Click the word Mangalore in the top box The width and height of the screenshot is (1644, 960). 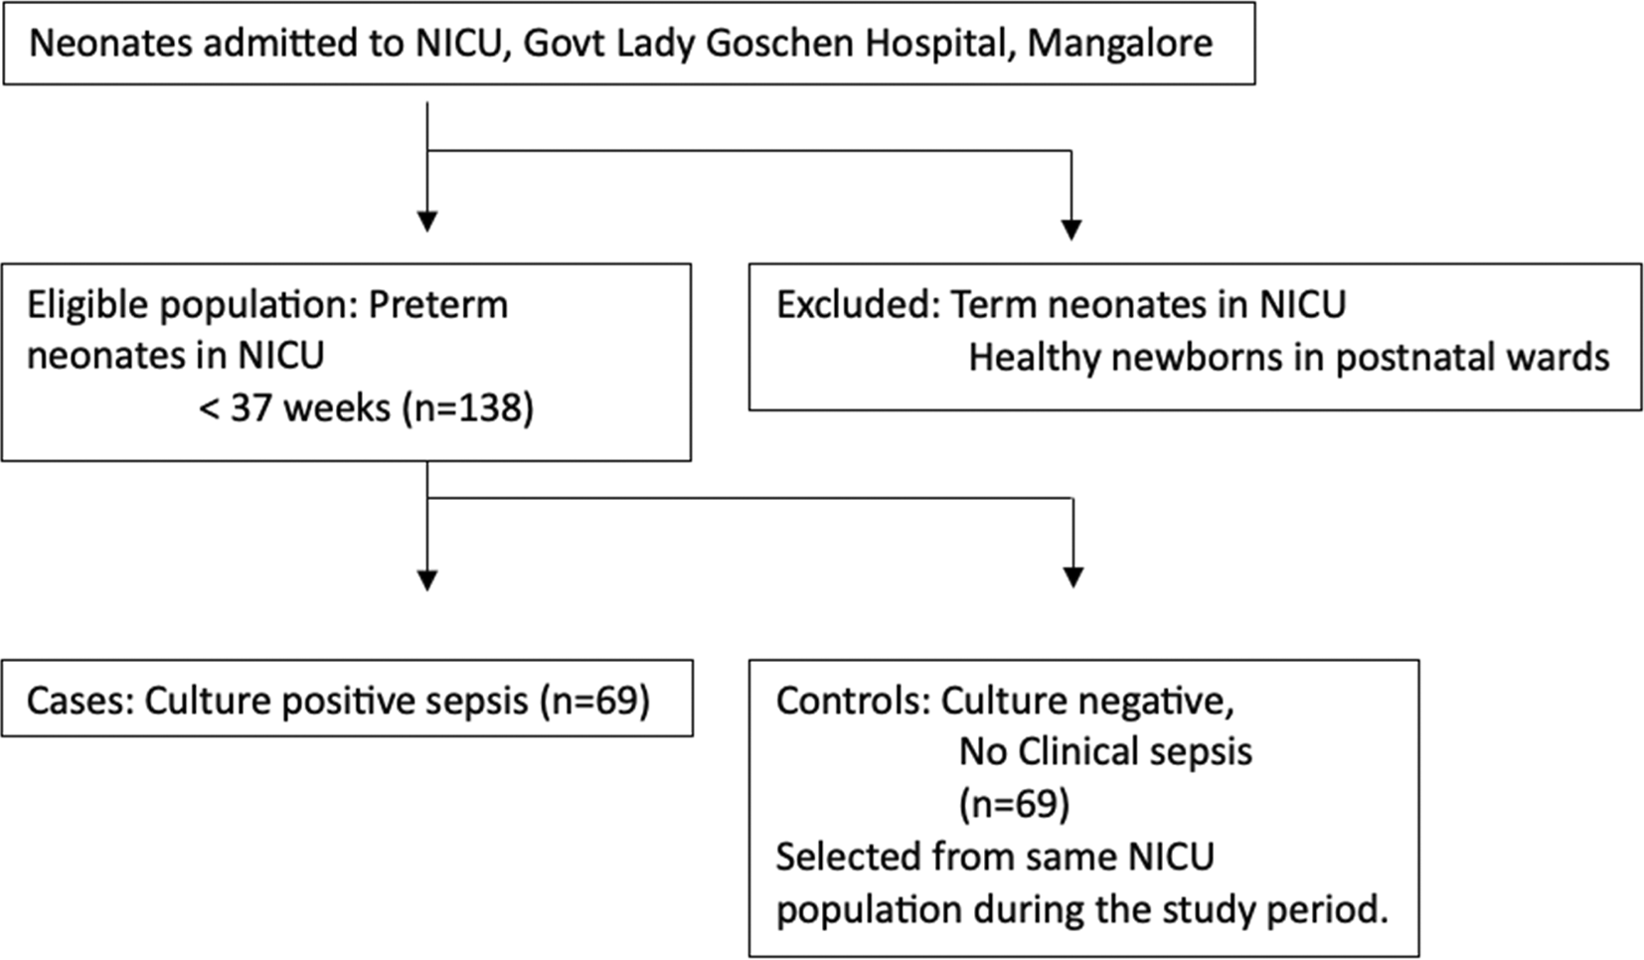[1120, 44]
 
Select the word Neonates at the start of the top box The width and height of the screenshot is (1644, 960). [110, 43]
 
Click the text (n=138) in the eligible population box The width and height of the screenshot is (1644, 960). [468, 408]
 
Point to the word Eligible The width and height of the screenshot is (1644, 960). [88, 305]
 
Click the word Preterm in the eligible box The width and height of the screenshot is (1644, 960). [438, 304]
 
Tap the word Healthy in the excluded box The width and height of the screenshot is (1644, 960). [1035, 359]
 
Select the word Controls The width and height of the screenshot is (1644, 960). [853, 701]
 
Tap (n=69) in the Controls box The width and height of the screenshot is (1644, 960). [1014, 804]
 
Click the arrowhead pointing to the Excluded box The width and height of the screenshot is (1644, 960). [1071, 230]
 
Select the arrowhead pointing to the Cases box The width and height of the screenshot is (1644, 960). [427, 580]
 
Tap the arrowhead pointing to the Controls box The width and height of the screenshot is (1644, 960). [1073, 577]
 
